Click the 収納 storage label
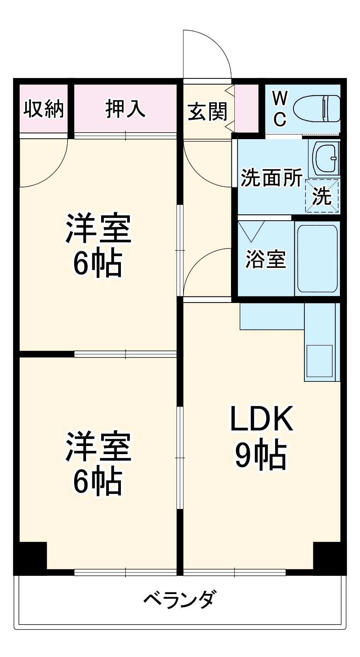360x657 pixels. click(x=44, y=109)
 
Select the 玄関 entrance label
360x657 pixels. click(x=207, y=112)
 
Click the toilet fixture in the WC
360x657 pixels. click(x=317, y=109)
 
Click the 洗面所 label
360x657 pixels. click(x=272, y=178)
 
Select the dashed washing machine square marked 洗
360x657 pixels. click(x=322, y=196)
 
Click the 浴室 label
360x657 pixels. click(x=266, y=259)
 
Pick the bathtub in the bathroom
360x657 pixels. click(x=317, y=259)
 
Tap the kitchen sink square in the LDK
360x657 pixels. click(x=319, y=361)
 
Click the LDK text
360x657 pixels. click(x=262, y=419)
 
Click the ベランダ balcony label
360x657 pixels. click(x=180, y=599)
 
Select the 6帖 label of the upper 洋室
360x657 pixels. click(x=98, y=264)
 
